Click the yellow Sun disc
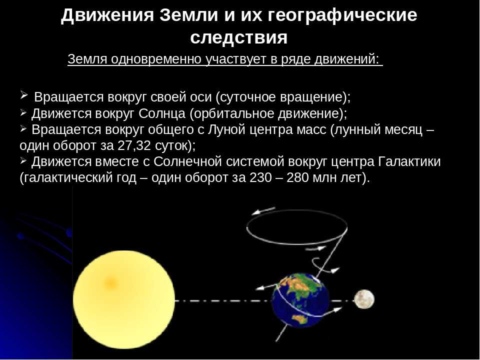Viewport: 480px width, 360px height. pos(124,299)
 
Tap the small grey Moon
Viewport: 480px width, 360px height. pos(364,299)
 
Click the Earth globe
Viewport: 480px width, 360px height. pos(300,300)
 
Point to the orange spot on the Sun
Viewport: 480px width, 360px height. pos(110,282)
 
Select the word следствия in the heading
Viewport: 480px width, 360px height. pos(239,37)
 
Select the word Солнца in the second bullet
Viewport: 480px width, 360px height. pos(162,113)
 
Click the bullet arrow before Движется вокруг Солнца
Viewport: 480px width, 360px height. pos(23,112)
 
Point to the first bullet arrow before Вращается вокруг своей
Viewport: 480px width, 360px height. pos(24,95)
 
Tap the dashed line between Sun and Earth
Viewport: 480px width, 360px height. pos(223,300)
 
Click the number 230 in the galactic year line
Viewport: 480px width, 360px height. pos(260,177)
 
